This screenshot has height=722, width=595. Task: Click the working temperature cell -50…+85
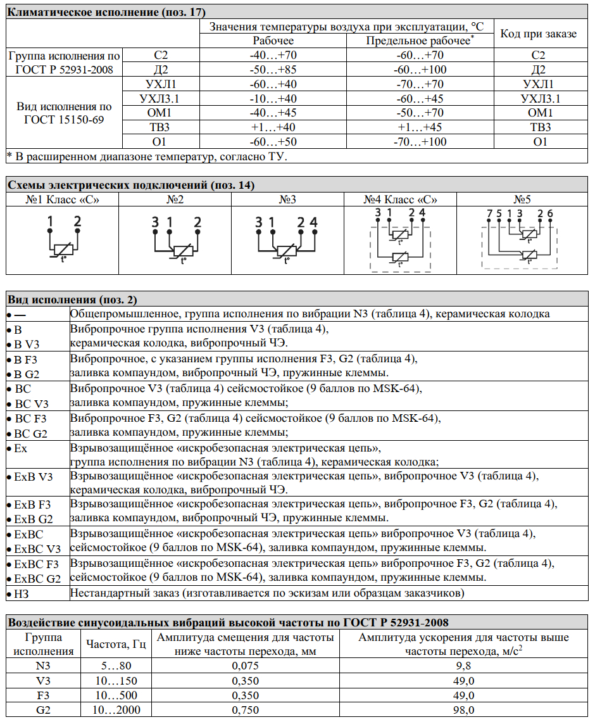coord(273,70)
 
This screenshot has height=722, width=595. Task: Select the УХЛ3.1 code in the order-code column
coord(540,99)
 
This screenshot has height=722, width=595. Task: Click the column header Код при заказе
coord(539,34)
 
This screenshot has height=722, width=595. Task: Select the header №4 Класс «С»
coord(401,199)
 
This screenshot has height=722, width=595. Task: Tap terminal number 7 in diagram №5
coord(489,213)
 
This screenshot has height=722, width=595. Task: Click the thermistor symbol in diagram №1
coord(63,248)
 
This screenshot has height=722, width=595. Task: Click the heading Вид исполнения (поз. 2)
coord(72,300)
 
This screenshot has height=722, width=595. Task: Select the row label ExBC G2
coord(37,579)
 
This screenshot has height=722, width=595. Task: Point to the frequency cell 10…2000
coord(116,710)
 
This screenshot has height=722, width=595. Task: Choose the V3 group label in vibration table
coord(44,681)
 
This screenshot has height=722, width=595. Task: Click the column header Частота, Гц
coord(116,644)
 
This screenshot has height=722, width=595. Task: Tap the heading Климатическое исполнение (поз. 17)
coord(107,12)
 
